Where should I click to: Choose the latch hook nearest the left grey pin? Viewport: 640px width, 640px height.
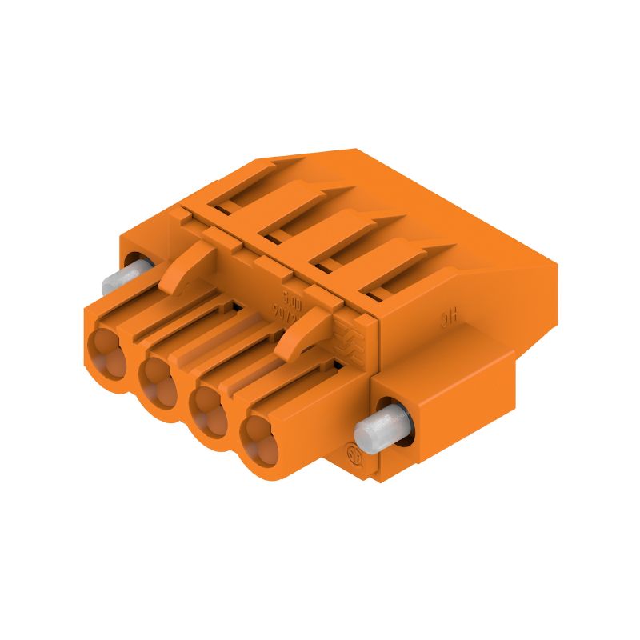click(x=184, y=268)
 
